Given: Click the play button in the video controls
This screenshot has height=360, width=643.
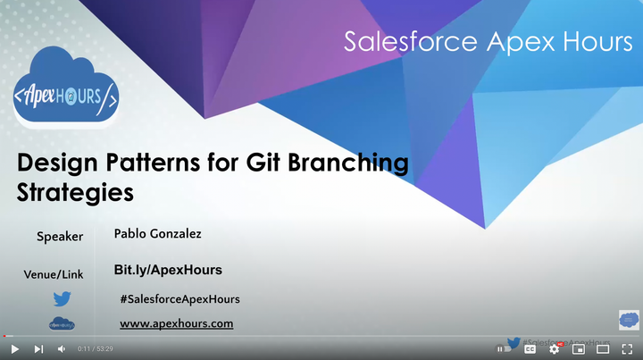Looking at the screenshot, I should (14, 348).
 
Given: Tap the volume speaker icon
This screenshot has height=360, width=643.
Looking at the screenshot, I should (62, 348).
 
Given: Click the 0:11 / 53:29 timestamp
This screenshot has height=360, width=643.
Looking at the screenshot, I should (96, 348).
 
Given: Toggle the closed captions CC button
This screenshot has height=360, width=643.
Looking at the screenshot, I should (530, 348).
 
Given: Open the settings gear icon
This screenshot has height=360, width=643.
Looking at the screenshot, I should (555, 348).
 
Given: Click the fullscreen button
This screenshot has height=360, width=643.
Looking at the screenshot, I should (628, 348).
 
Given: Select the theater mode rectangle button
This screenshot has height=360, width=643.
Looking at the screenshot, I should (604, 348).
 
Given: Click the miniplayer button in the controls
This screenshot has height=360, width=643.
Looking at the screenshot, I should (579, 348).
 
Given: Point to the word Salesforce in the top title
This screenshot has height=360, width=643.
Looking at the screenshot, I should (396, 42).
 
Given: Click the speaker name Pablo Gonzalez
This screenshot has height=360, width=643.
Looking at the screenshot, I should (158, 234).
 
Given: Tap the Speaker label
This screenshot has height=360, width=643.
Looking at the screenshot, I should (60, 237).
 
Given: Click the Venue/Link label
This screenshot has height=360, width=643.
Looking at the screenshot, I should (54, 274).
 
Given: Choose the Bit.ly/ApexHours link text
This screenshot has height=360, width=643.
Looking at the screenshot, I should (168, 270).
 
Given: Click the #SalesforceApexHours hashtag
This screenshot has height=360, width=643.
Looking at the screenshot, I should (180, 299).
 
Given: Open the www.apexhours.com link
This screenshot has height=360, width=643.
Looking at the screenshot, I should (176, 323).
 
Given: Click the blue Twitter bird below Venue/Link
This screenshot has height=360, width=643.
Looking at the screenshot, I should (62, 299).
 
